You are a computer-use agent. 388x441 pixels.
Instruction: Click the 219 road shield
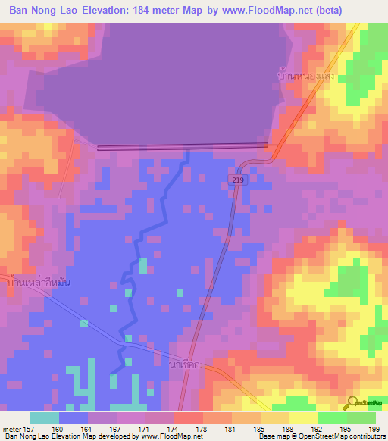pyautogui.click(x=237, y=179)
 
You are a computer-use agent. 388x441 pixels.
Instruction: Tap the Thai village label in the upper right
pyautogui.click(x=306, y=77)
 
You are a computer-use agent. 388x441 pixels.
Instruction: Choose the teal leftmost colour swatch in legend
pyautogui.click(x=45, y=418)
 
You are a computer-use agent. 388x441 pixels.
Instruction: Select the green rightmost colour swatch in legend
pyautogui.click(x=361, y=418)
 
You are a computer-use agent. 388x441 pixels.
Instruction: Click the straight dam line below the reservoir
pyautogui.click(x=182, y=147)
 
